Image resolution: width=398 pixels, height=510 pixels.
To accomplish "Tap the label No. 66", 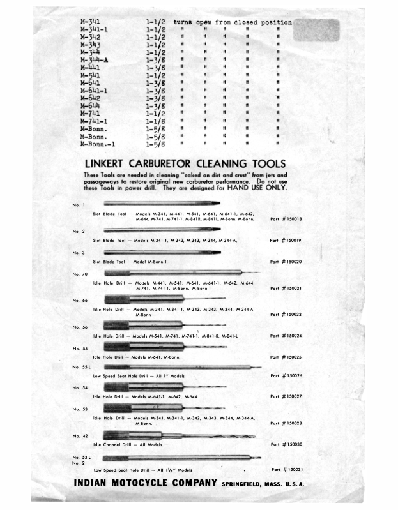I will coord(80,300).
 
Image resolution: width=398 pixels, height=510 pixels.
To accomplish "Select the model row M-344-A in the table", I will coord(93,61).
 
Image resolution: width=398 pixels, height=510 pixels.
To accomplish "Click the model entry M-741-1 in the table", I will coord(93,120).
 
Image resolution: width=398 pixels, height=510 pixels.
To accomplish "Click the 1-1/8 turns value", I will coord(157,120).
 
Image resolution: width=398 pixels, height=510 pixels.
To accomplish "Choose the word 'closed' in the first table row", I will coord(246,22).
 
